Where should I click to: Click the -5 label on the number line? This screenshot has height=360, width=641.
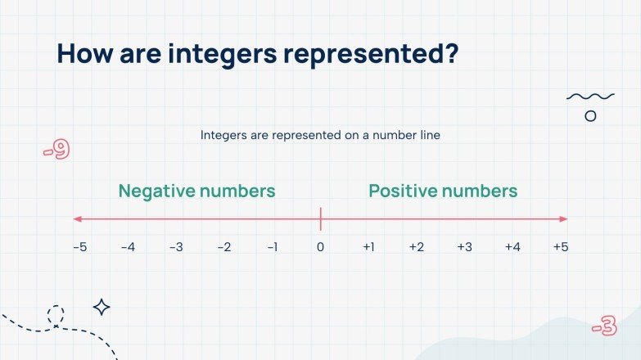point(79,247)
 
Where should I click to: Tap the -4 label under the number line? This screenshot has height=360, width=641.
point(128,247)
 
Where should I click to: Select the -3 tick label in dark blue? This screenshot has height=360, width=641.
point(176,247)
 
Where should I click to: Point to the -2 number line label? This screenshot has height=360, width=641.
point(224,247)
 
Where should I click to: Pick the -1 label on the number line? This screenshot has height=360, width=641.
point(272,247)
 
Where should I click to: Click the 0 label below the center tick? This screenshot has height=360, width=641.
point(320,247)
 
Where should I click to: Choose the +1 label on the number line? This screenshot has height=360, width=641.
point(368,247)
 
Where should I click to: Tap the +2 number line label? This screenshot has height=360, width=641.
point(417,247)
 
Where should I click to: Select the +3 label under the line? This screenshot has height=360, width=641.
point(464,247)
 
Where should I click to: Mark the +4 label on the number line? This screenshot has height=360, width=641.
point(512,247)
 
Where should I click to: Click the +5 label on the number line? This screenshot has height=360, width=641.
point(561,247)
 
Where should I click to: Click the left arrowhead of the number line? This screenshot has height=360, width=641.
point(77,218)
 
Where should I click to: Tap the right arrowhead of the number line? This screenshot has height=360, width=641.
point(563,218)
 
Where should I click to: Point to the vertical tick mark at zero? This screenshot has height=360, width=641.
point(320,218)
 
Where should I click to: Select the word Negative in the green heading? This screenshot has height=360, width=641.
point(156,191)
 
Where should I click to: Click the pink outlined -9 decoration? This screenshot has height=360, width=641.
point(56,151)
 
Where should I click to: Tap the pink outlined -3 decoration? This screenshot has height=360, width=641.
point(604,328)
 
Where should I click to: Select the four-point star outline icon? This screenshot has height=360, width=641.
point(102,307)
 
